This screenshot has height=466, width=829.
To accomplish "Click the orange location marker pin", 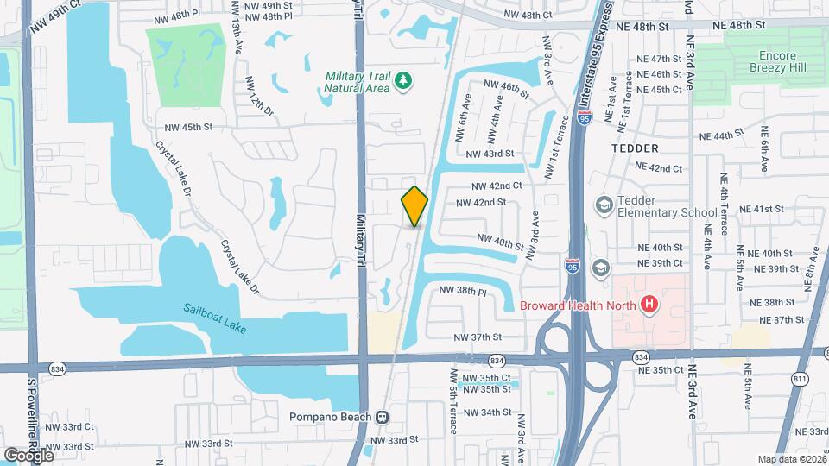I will [x=414, y=205].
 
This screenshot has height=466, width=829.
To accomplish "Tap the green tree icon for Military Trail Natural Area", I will [x=403, y=81].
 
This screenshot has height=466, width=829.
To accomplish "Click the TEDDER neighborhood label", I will [x=635, y=148].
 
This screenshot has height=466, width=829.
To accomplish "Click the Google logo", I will [x=28, y=454].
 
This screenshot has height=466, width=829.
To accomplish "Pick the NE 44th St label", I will [x=721, y=135].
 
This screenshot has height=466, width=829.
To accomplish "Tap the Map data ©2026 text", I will [x=790, y=459].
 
